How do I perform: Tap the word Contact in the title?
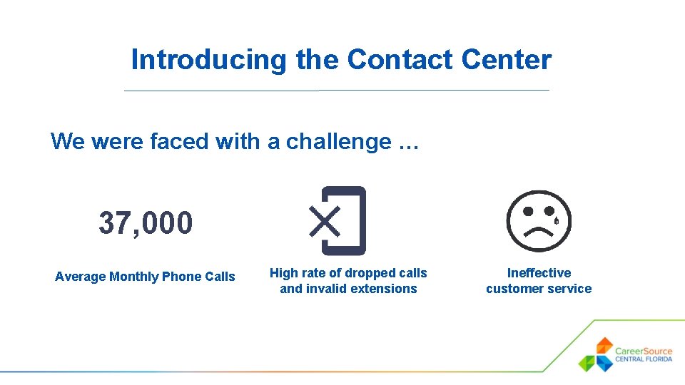click(x=400, y=60)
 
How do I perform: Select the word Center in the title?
click(x=507, y=60)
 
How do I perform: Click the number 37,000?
click(x=146, y=223)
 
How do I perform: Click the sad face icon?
click(x=538, y=220)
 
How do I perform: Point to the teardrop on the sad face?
click(x=556, y=220)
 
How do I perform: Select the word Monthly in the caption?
click(x=134, y=277)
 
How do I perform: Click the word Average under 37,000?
click(x=80, y=277)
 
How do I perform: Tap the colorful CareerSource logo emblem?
click(x=597, y=354)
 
